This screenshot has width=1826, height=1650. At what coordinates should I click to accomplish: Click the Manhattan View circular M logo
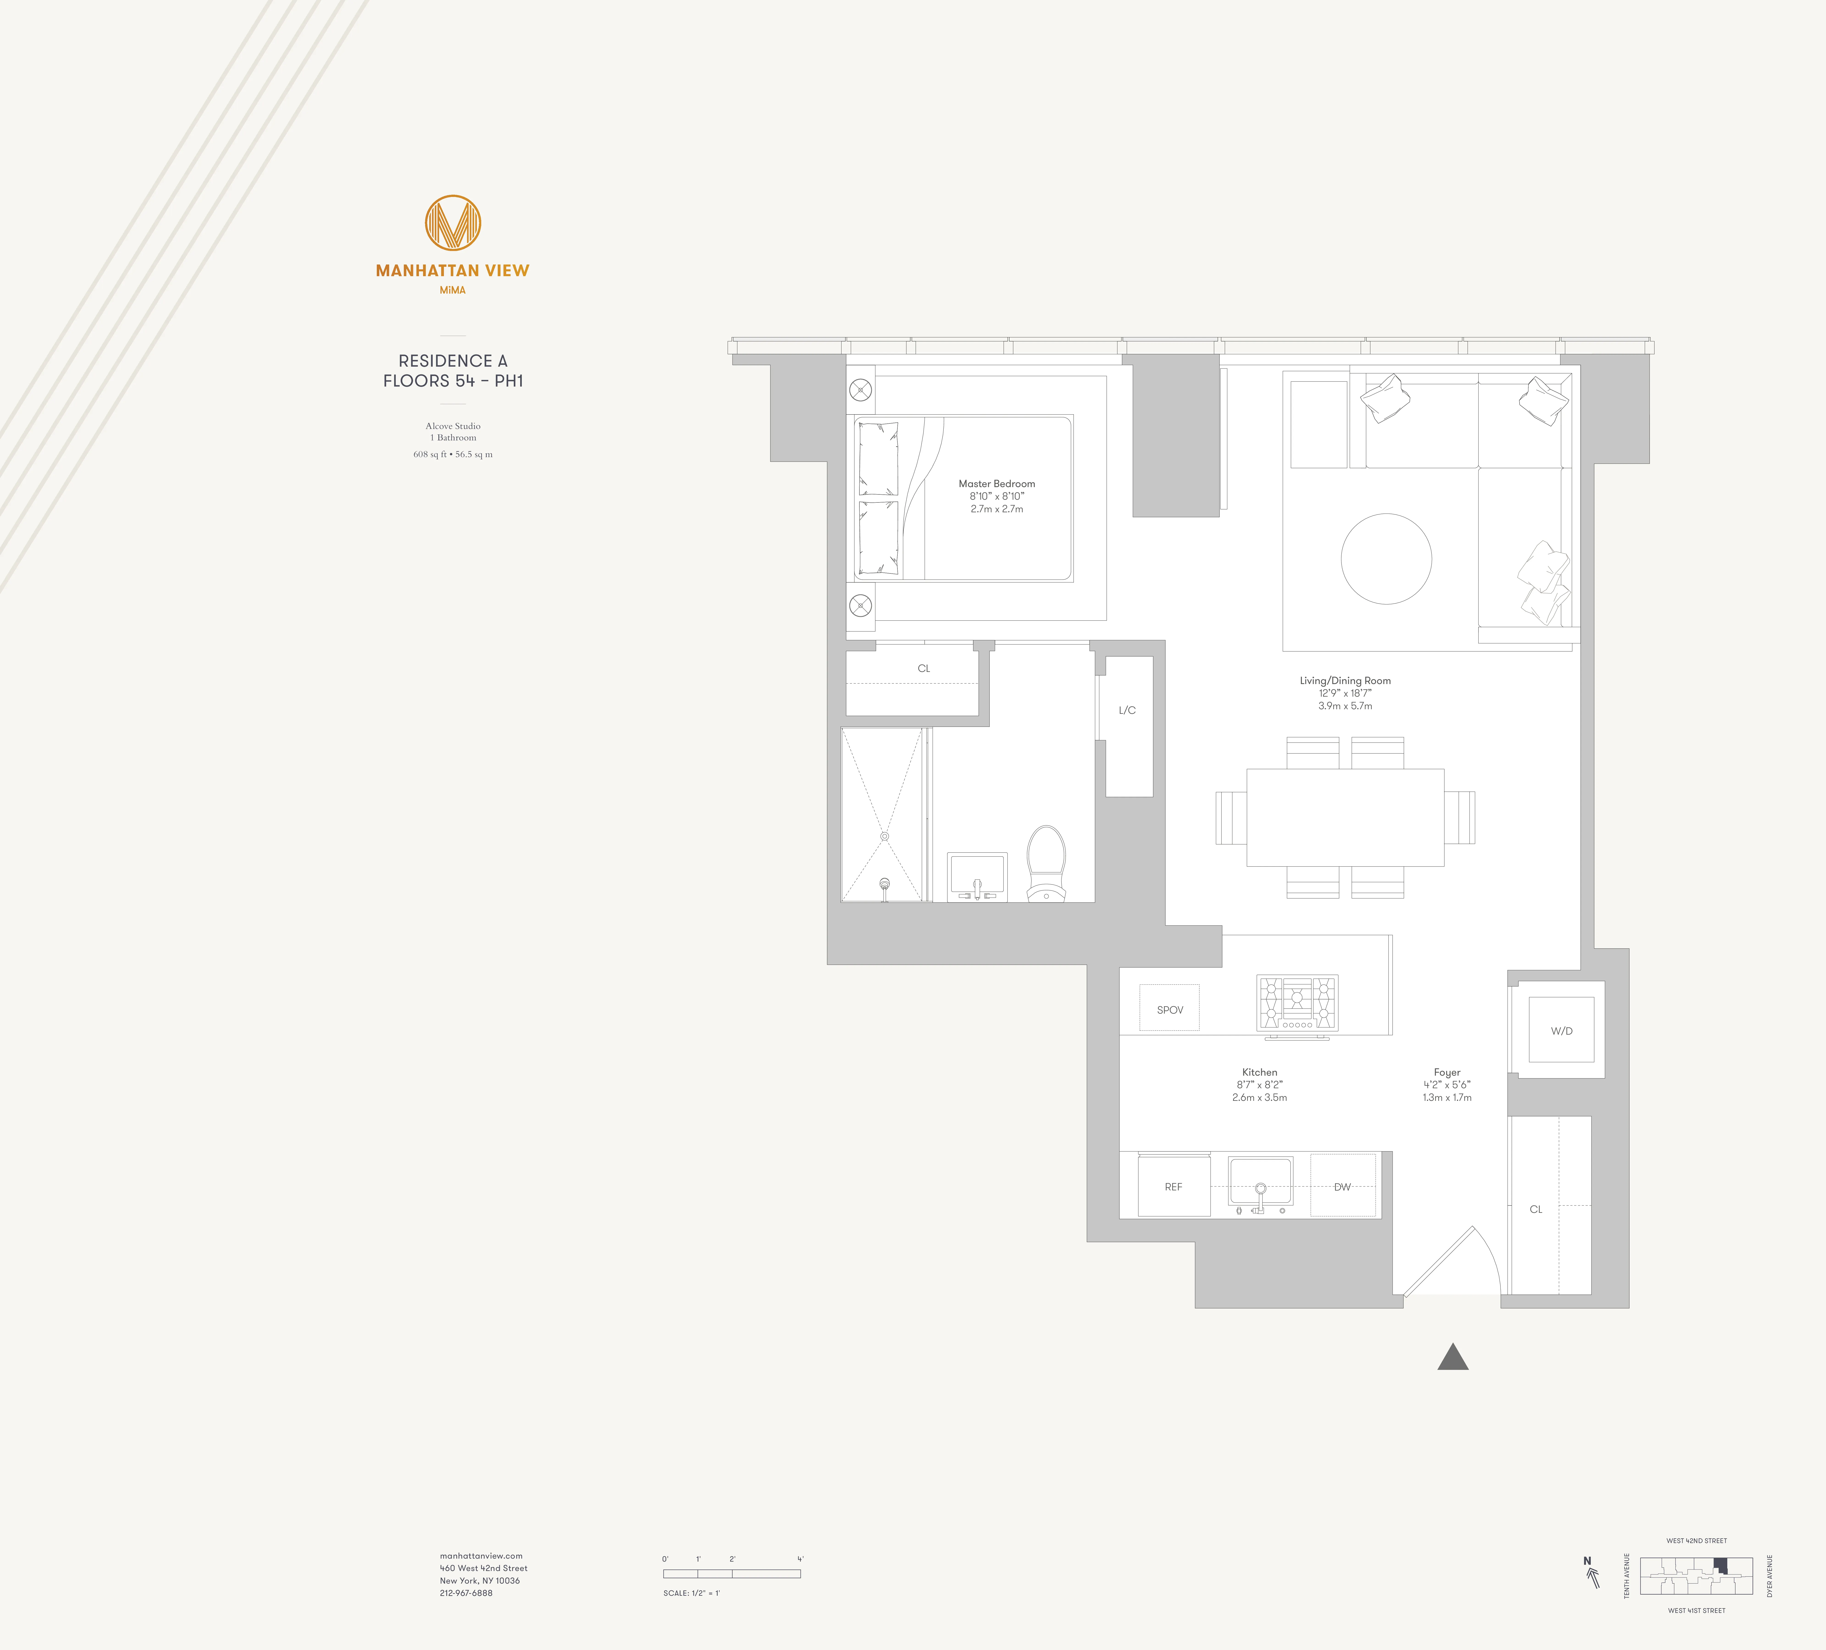453,223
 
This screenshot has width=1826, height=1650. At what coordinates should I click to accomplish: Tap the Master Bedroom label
996,484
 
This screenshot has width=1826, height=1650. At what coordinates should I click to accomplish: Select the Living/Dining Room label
1345,680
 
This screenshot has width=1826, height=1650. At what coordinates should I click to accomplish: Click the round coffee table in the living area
1386,559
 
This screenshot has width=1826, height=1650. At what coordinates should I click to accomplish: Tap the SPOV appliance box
1169,1009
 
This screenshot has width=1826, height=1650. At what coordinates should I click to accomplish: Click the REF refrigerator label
1173,1186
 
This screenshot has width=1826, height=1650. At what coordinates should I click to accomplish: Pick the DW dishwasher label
1342,1186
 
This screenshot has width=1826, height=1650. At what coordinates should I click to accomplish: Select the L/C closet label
1127,710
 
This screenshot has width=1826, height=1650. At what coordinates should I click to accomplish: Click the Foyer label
1446,1072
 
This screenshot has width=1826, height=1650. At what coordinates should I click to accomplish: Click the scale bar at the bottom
732,1573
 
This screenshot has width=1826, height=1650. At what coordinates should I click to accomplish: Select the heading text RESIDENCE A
453,360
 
